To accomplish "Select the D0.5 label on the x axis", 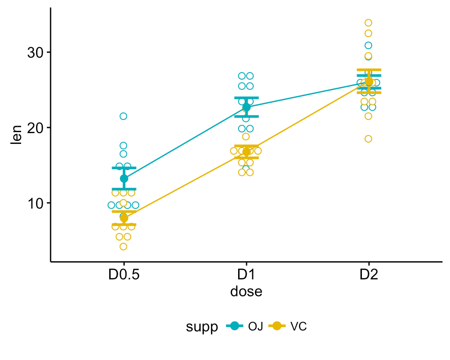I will (124, 275).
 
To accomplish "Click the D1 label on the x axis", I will (246, 275).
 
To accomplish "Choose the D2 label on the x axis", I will (368, 275).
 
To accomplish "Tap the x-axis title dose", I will (246, 292).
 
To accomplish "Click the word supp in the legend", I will (201, 327).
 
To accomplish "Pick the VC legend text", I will (299, 327).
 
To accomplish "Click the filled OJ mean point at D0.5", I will (124, 179).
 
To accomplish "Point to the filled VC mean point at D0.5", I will (124, 218).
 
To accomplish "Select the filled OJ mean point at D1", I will (246, 107).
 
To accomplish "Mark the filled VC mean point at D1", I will (246, 152).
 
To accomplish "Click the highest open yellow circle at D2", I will (368, 22).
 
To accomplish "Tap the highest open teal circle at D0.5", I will (123, 116).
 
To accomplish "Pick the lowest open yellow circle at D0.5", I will (123, 247).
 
